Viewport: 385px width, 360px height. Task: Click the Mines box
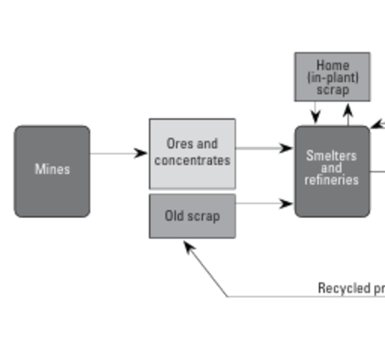(52, 171)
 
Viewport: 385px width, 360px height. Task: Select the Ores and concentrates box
(192, 153)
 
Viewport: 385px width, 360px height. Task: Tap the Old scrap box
(192, 216)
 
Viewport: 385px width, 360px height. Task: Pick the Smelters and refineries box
(332, 171)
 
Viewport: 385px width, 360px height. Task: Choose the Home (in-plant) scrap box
(332, 77)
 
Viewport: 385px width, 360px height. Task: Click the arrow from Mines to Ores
(118, 153)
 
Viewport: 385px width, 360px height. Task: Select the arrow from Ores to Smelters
(265, 149)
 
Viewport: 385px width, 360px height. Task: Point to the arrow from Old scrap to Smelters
(265, 203)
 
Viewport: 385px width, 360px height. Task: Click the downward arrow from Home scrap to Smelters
(316, 113)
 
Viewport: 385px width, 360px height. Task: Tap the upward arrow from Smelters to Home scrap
(347, 113)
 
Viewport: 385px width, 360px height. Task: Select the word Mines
(52, 169)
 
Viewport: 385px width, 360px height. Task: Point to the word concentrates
(192, 160)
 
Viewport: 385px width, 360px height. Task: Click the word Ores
(180, 145)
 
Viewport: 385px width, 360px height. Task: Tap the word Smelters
(332, 155)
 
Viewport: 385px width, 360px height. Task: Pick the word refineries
(332, 179)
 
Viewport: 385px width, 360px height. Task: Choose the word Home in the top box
(332, 65)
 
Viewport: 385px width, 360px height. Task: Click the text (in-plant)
(332, 77)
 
